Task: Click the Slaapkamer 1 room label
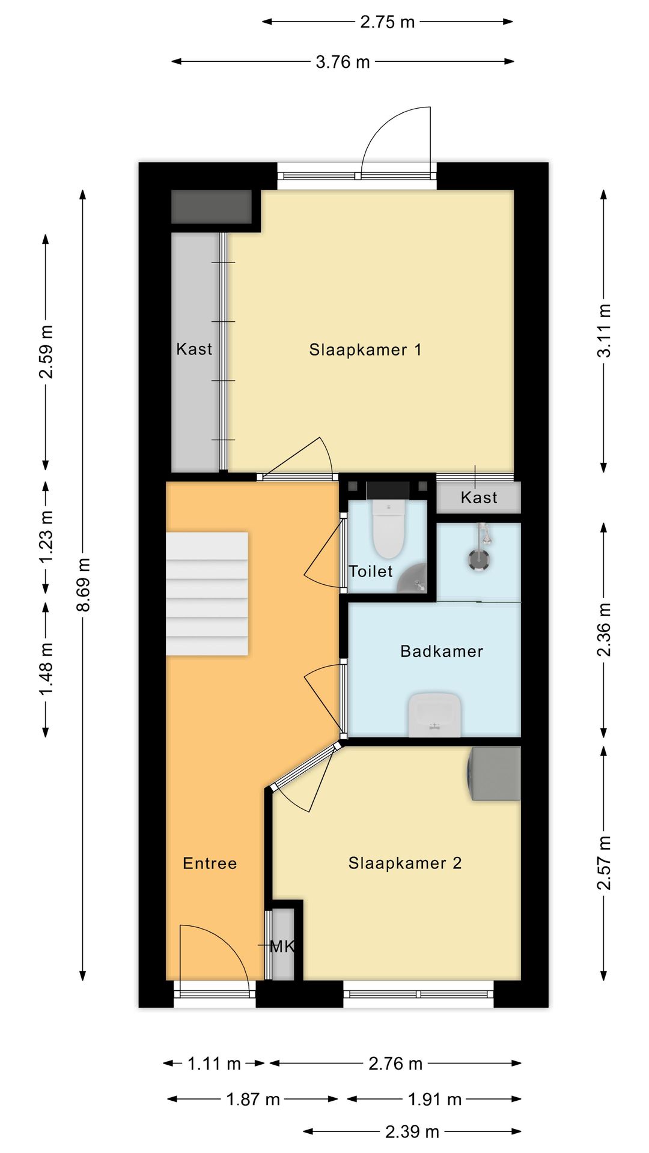coord(365,350)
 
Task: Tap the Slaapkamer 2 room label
coord(405,863)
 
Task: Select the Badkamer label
coord(442,651)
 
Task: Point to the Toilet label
coord(371,571)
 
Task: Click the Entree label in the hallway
coord(210,863)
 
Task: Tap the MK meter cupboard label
coord(282,947)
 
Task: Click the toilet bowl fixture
coord(388,528)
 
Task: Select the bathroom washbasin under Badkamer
coord(434,715)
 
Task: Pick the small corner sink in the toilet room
coord(413,578)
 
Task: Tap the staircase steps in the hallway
coord(207,593)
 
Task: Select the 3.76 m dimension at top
coord(343,61)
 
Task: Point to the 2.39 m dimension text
coord(412,1132)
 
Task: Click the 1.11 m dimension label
coord(214,1064)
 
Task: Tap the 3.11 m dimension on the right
coord(604,331)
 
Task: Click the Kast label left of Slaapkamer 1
coord(194,349)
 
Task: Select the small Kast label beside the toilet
coord(479,497)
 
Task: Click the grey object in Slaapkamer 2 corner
coord(494,773)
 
